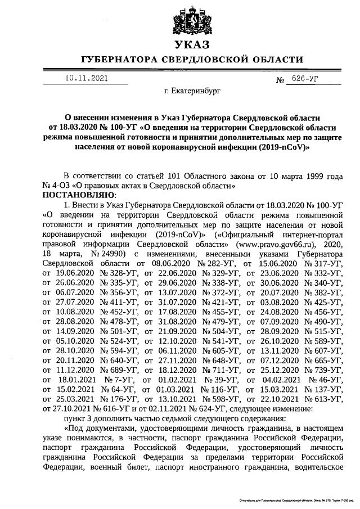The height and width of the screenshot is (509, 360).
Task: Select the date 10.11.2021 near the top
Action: coord(85,79)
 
